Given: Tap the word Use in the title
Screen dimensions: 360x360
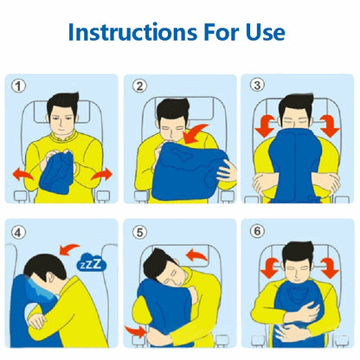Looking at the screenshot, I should click(x=260, y=33).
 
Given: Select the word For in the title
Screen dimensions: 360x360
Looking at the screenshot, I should click(x=215, y=33).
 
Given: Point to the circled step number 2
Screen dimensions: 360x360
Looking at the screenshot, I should click(x=139, y=87).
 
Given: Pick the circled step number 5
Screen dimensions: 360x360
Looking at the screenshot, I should click(x=139, y=230).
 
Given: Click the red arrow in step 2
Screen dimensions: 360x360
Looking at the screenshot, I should click(x=204, y=135).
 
